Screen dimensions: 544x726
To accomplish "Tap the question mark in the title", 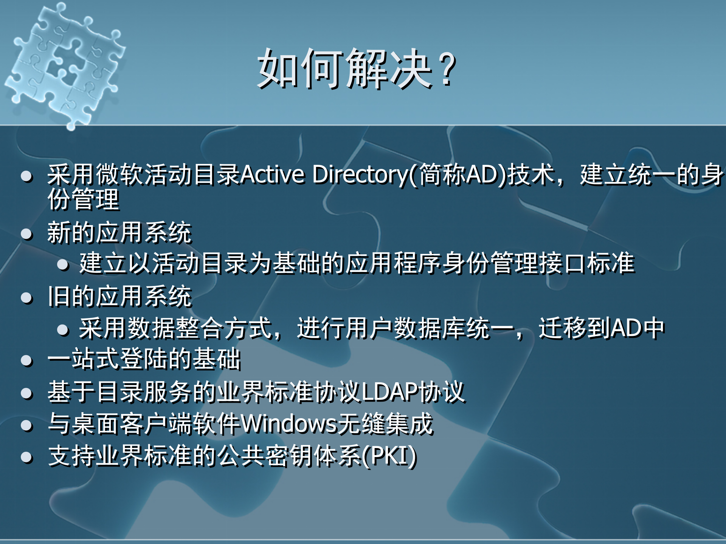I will [x=448, y=69].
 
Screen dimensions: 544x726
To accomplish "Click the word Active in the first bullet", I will [x=272, y=175].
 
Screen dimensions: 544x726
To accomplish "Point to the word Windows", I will [x=289, y=424].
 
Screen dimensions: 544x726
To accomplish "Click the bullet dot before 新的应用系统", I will [x=27, y=234].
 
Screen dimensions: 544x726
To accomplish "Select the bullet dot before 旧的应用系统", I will [x=27, y=298].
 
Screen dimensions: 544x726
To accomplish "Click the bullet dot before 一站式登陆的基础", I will [x=27, y=361].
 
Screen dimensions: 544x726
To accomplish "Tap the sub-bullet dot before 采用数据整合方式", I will [x=63, y=330].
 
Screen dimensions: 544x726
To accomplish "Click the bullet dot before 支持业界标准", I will [x=27, y=457].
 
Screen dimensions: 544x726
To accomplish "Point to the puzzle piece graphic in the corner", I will [x=64, y=64].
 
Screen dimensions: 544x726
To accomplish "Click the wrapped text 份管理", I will [x=83, y=199].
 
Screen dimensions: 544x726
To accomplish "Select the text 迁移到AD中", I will [x=601, y=328].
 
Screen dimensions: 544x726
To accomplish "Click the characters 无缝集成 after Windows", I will [x=385, y=424].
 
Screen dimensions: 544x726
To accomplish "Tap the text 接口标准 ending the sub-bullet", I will [x=586, y=263].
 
